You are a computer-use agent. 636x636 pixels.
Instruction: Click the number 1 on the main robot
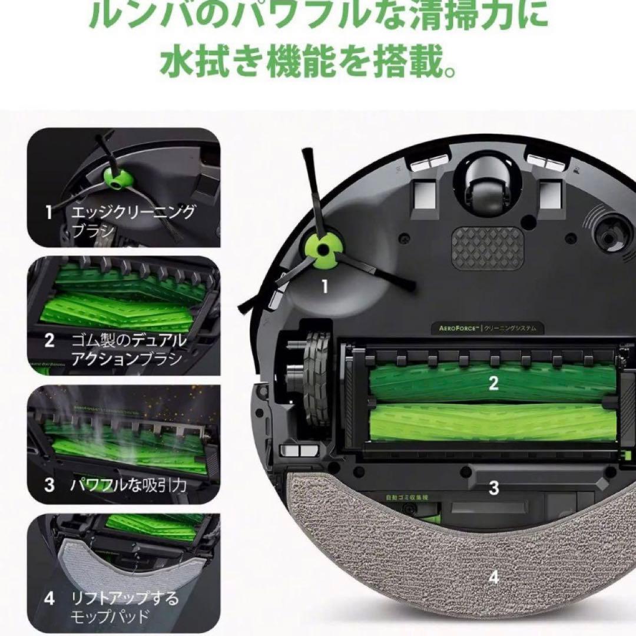324,287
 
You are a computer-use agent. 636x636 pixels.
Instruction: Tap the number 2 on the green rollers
493,383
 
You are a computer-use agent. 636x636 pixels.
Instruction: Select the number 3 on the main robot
493,488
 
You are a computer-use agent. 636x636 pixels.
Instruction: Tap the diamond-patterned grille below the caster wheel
487,246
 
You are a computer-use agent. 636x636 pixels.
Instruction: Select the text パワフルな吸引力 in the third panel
128,485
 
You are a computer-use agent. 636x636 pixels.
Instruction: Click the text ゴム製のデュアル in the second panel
130,341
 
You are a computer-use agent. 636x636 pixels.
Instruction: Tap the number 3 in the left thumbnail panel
49,485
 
